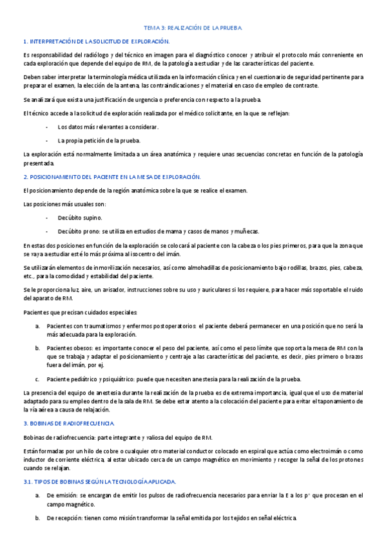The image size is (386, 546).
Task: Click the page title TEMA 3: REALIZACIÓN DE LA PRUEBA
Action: (193, 28)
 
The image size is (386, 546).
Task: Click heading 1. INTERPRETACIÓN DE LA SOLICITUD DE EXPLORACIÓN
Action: (96, 41)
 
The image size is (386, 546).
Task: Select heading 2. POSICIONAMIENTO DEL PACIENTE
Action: (112, 176)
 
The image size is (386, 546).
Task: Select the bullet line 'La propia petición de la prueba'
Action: (99, 140)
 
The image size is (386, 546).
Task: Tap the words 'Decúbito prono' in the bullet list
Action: (79, 231)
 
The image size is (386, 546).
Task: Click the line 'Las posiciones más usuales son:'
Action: (64, 203)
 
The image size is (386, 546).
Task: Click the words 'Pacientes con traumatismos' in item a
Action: (83, 326)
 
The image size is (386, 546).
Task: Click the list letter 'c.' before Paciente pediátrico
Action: (37, 379)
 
